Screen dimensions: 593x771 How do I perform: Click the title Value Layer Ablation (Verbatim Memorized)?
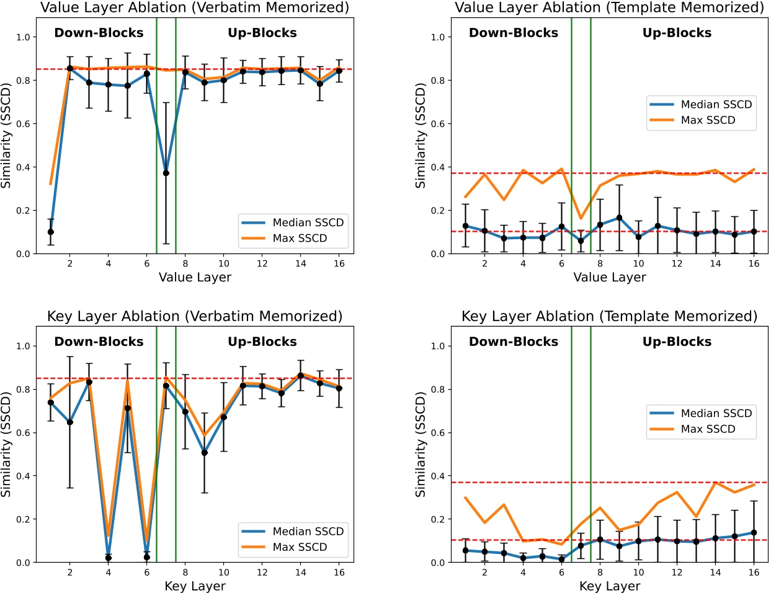(194, 8)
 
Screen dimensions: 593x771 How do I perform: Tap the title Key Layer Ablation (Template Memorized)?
(609, 317)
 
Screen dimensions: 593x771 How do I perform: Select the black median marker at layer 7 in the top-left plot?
(166, 173)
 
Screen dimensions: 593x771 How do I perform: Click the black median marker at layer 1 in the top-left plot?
(51, 232)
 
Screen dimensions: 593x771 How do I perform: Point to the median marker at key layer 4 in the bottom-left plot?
(109, 558)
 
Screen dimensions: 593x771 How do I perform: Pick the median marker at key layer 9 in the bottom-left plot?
(205, 452)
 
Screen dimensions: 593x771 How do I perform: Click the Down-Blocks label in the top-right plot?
(514, 33)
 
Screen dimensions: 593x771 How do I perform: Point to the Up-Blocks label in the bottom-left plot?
(262, 341)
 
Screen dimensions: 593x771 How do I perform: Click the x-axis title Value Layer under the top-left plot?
(195, 278)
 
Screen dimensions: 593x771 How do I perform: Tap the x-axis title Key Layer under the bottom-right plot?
(609, 586)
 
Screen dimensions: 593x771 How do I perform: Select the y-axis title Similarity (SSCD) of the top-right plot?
(421, 136)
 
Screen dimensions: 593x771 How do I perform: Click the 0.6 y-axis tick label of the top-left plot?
(23, 124)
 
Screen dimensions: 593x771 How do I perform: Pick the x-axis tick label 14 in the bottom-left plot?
(301, 573)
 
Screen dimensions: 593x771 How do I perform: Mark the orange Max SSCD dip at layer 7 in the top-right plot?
(581, 218)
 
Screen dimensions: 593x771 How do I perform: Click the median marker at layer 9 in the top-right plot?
(620, 217)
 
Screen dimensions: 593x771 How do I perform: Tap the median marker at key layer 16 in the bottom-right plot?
(754, 532)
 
